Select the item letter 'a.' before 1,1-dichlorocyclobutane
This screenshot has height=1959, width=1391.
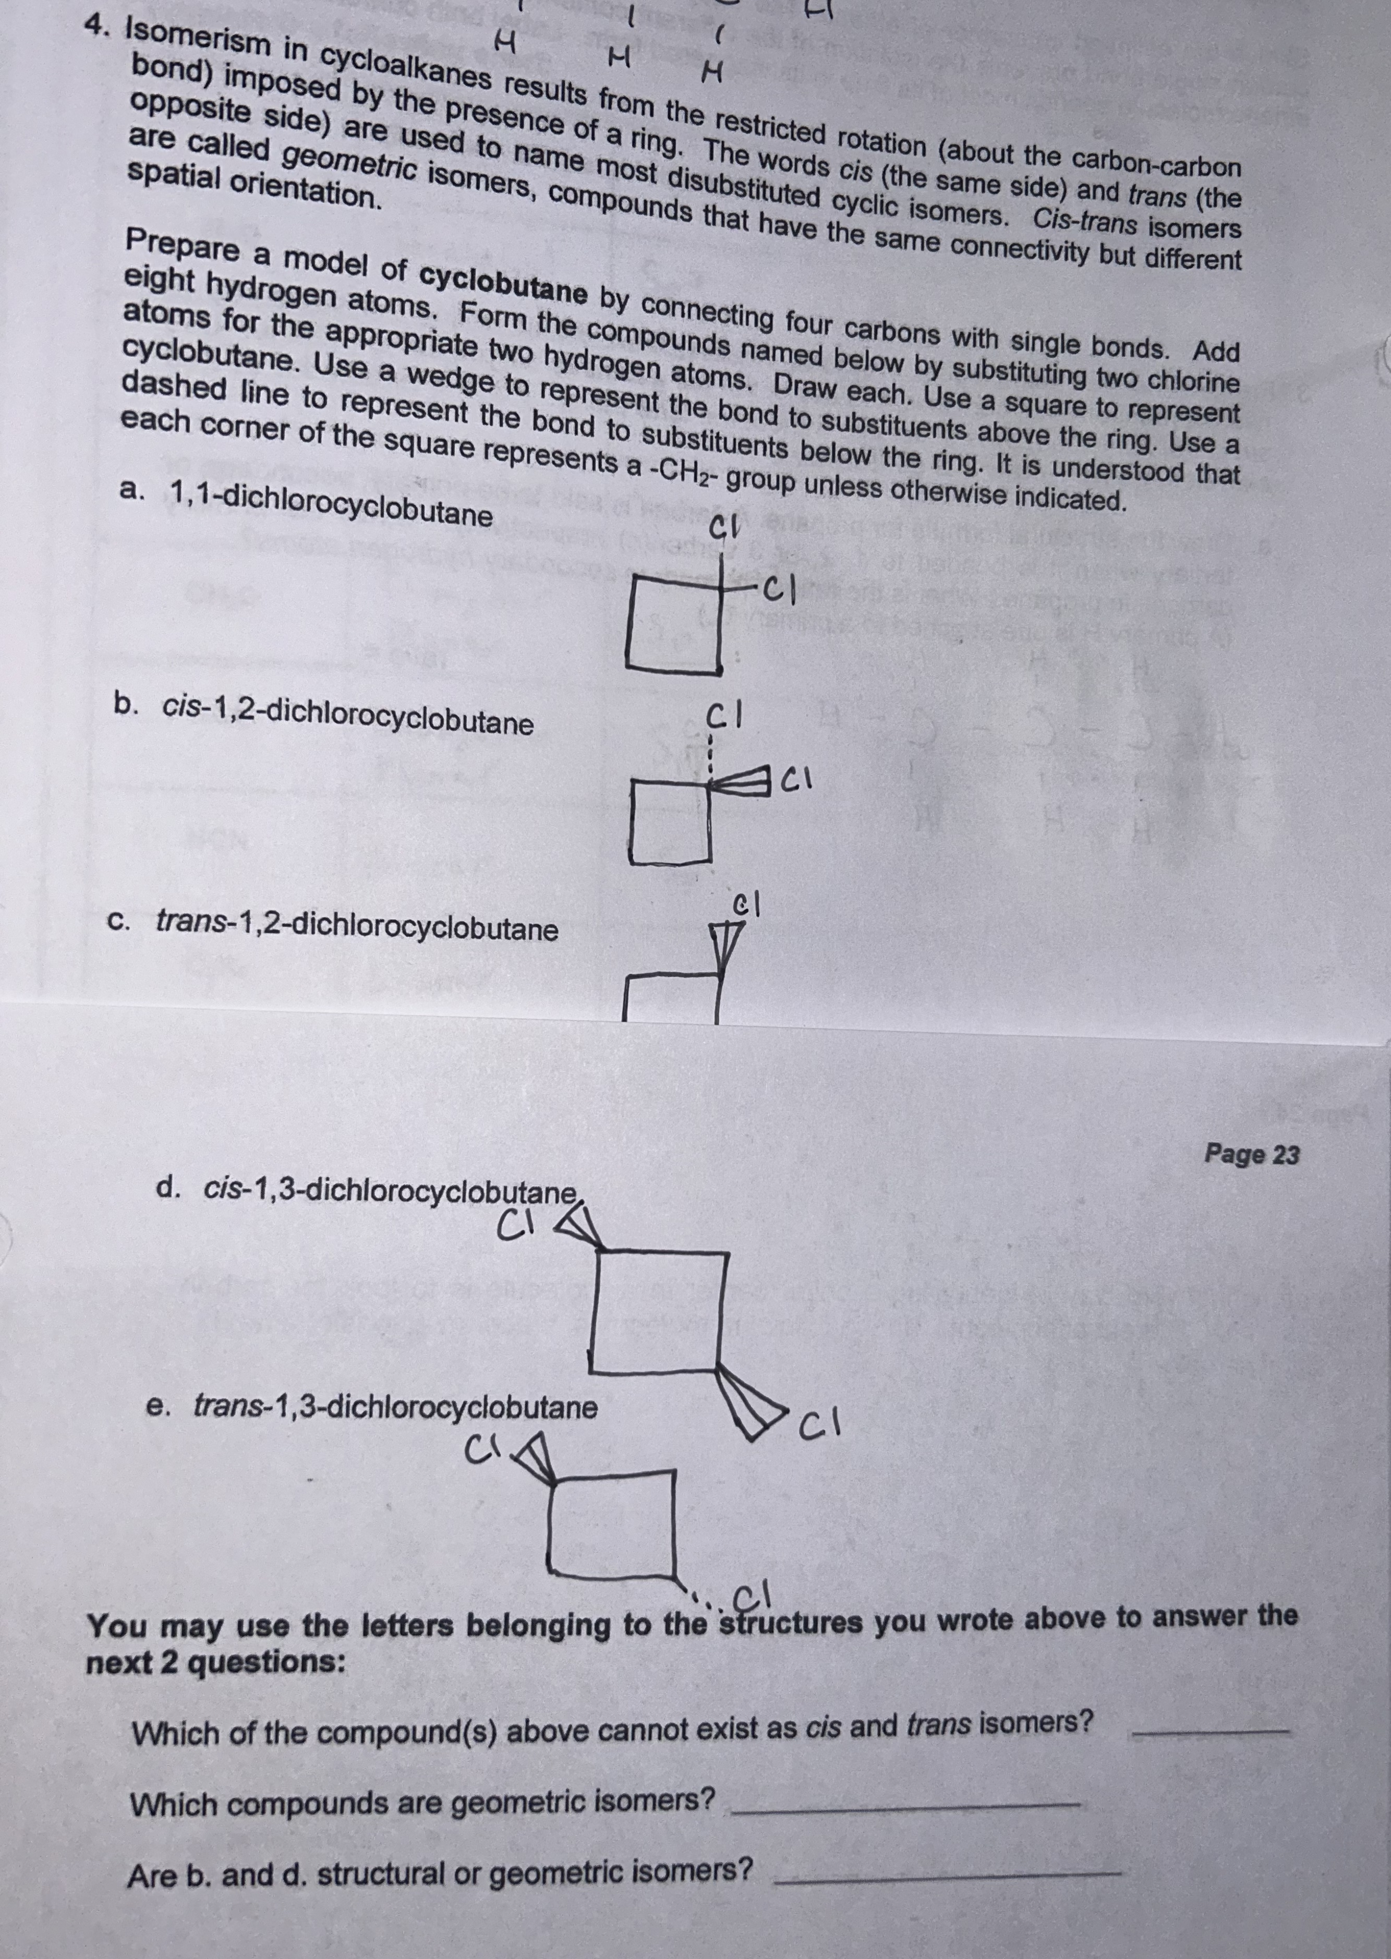tap(133, 490)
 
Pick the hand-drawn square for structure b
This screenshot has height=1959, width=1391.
tap(672, 823)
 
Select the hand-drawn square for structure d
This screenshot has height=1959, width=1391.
tap(660, 1311)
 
